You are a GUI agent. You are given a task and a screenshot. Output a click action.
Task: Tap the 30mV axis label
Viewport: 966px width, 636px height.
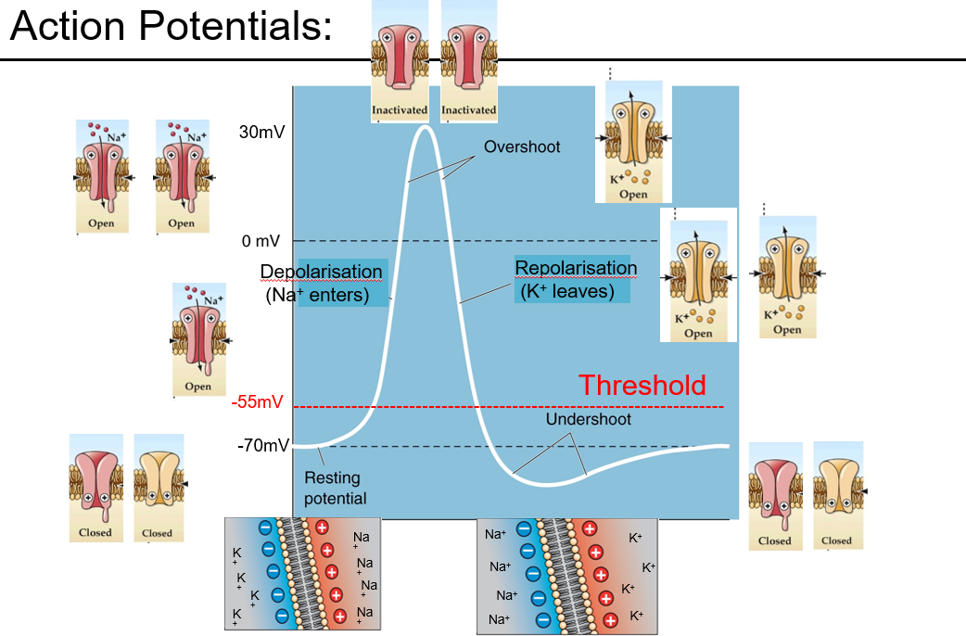tap(261, 132)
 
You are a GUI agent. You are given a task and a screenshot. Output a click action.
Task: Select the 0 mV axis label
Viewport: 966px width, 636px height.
tap(261, 241)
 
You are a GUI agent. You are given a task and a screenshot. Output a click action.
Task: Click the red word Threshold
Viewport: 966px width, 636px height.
tap(642, 385)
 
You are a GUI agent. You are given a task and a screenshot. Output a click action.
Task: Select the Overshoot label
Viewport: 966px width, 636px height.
tap(522, 146)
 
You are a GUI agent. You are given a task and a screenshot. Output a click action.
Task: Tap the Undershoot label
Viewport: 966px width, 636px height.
tap(588, 419)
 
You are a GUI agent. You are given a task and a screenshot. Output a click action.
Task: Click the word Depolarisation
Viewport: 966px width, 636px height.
tap(321, 272)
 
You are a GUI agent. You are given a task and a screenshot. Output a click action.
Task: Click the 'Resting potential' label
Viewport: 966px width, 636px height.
tap(335, 489)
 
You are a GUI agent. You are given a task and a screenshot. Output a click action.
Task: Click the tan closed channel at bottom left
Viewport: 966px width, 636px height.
tap(158, 488)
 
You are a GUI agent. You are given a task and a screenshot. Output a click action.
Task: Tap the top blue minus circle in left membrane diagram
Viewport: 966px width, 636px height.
tap(265, 527)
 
